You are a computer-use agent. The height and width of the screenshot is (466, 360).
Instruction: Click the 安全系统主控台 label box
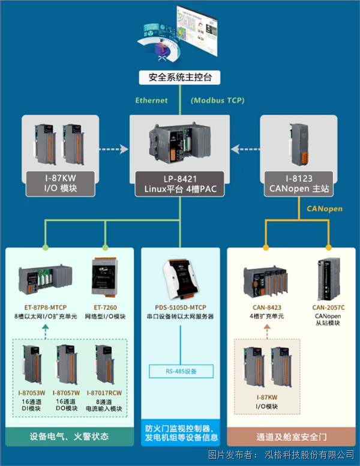tap(180, 77)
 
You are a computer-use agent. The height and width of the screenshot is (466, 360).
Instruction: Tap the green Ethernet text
tap(151, 100)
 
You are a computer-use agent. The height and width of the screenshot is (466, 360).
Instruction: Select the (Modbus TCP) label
tap(218, 100)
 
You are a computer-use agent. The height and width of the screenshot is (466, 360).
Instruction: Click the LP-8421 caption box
tap(180, 185)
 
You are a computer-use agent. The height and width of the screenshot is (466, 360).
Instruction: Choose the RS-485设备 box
tap(180, 372)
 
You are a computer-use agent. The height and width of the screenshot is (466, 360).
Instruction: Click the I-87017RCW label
tap(108, 392)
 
